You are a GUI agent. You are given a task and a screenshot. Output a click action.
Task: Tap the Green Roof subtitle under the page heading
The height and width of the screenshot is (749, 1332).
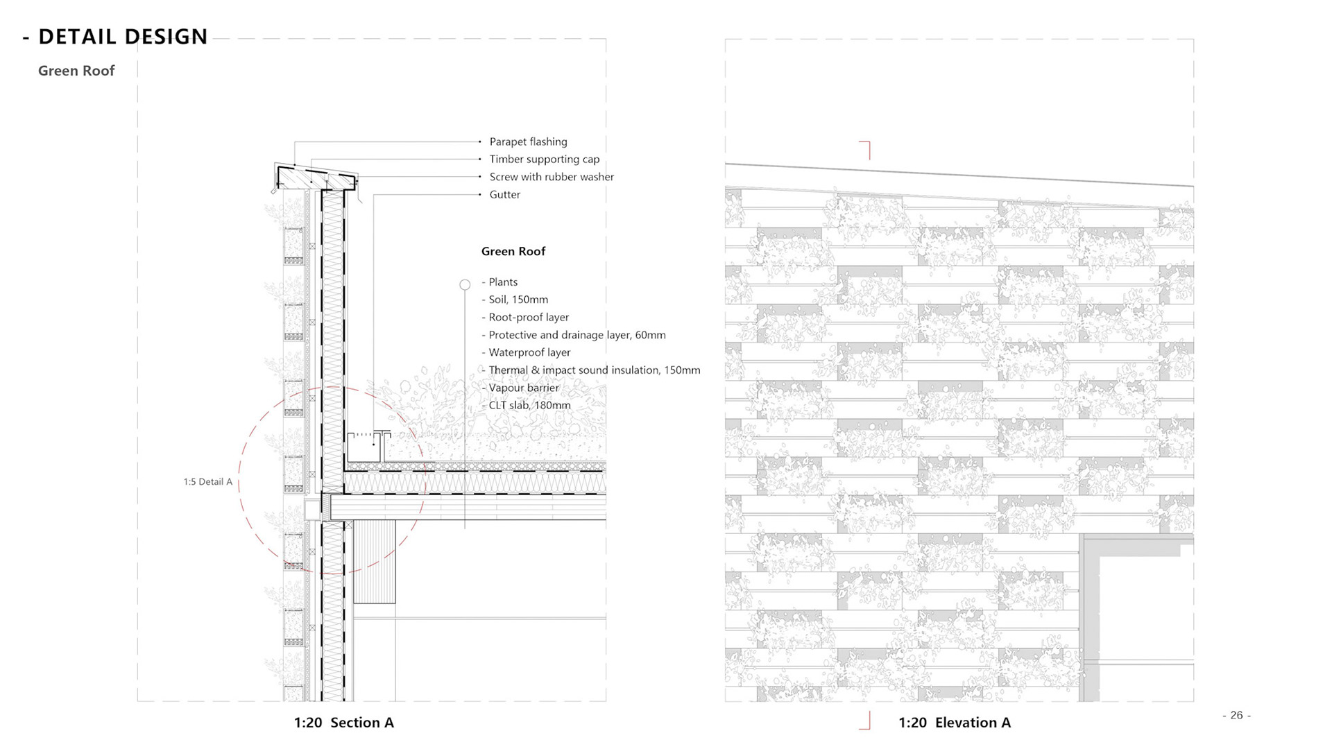coord(76,71)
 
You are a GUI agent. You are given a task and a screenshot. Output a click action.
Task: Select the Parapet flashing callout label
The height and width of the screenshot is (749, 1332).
coord(528,141)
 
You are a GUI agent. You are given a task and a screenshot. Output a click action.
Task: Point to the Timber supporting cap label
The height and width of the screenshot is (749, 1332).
coord(544,160)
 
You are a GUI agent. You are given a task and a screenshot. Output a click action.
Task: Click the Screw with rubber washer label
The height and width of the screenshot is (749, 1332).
coord(552,177)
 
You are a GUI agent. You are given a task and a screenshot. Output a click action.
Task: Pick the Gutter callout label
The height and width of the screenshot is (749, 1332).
coord(504,195)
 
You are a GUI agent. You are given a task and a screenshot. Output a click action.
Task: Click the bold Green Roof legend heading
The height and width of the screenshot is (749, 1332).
coord(513,251)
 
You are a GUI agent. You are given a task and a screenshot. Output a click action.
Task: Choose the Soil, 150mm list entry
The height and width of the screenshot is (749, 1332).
coord(518,300)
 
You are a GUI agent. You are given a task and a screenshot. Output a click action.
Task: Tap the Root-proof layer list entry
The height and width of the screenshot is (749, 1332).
coord(529,317)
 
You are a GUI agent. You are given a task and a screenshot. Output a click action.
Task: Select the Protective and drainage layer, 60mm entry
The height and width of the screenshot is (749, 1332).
coord(577,335)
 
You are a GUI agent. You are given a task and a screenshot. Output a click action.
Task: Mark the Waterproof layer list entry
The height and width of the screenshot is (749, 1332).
coord(529,352)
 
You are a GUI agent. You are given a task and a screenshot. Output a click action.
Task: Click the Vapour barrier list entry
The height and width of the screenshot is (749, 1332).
coord(523,388)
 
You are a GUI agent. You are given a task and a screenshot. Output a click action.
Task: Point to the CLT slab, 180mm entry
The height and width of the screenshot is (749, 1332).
coord(529,405)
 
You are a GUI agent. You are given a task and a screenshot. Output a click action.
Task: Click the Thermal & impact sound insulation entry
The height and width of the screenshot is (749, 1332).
coord(594,370)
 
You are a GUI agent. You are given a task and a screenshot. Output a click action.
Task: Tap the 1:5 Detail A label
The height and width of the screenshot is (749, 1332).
coord(208,482)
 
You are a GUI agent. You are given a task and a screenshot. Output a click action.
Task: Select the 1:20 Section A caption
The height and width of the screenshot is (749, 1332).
coord(343,723)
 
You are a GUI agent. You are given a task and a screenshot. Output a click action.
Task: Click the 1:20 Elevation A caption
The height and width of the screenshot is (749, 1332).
coord(954,723)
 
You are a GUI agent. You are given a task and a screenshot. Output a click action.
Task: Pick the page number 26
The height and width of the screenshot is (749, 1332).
coord(1236,715)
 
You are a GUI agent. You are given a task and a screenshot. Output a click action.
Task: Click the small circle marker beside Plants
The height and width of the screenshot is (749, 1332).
coord(465,284)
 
